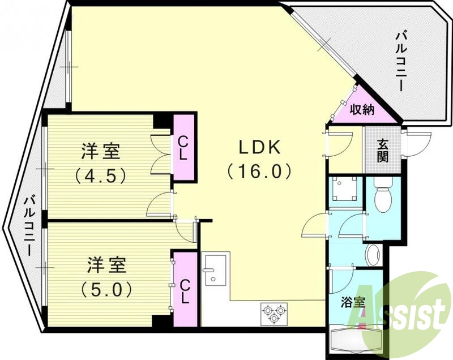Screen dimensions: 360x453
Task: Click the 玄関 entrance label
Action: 383,149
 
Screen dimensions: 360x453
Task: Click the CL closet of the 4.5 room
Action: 184,147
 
